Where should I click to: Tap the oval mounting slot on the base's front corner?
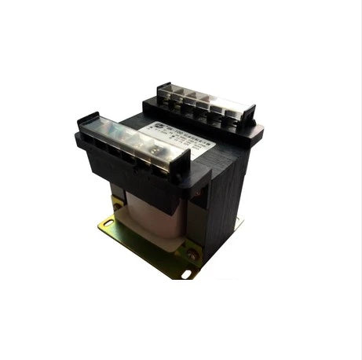pos(187,274)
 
